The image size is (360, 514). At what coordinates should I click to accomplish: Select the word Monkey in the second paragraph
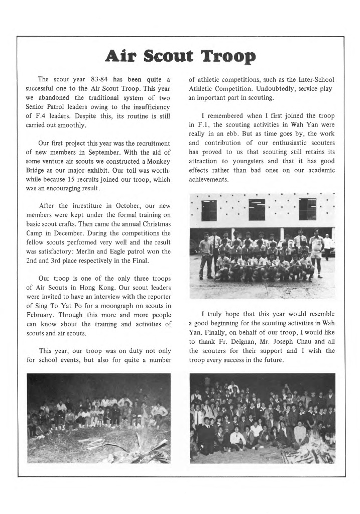tap(159, 162)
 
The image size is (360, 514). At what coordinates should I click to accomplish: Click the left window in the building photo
tap(209, 210)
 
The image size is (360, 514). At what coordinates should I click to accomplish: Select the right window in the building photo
tap(307, 209)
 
